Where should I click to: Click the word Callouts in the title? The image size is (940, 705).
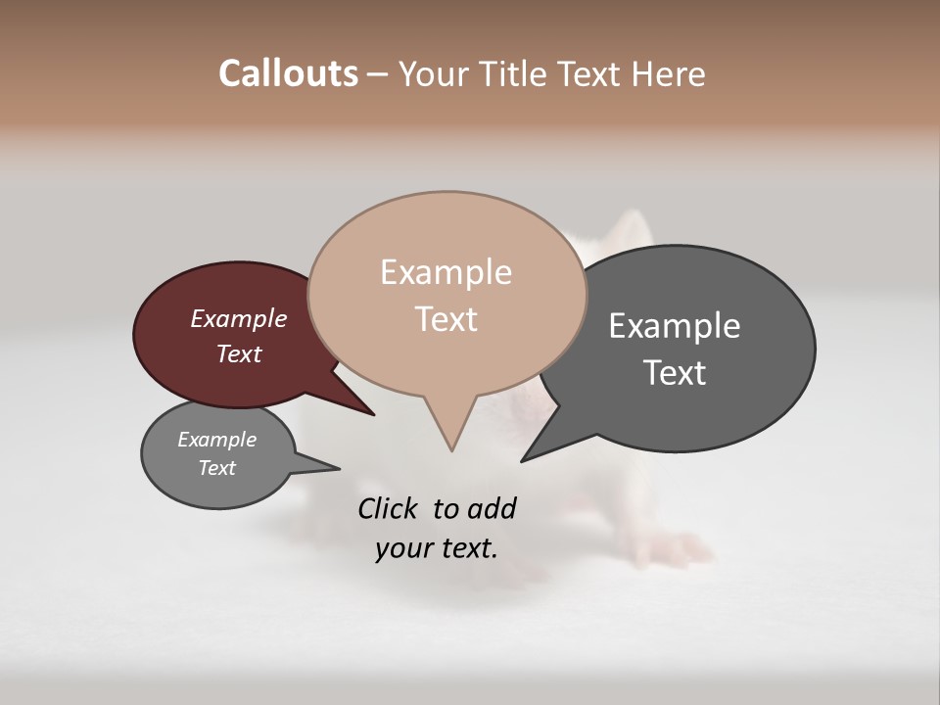288,73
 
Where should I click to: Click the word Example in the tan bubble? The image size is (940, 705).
446,272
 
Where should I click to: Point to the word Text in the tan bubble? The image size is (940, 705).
446,319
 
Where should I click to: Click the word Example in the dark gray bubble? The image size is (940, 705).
675,326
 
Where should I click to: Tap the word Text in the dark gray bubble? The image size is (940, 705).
675,373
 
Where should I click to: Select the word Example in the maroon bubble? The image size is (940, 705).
238,318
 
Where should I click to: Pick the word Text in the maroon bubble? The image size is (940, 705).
238,353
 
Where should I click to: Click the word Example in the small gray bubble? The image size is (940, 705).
216,440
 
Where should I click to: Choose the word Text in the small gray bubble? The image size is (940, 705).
216,468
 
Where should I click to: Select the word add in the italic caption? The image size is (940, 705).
492,508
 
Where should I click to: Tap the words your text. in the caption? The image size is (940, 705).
436,548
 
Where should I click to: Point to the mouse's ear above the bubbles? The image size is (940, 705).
627,233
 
